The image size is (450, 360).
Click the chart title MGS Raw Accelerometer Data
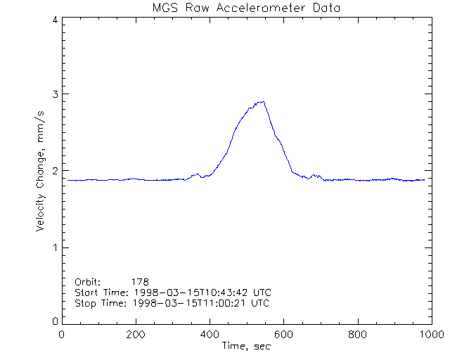pyautogui.click(x=247, y=8)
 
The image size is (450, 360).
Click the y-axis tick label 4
pyautogui.click(x=55, y=20)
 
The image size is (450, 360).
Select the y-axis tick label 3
pyautogui.click(x=55, y=94)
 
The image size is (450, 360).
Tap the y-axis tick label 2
pyautogui.click(x=55, y=171)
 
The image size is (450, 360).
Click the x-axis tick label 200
pyautogui.click(x=136, y=335)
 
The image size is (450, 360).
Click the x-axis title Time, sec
pyautogui.click(x=246, y=346)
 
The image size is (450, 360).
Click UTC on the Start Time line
pyautogui.click(x=262, y=292)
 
